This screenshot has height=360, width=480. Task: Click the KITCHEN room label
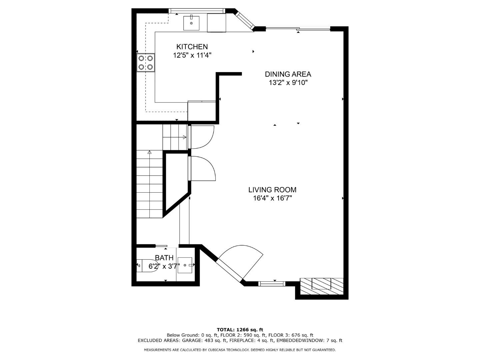pos(192,47)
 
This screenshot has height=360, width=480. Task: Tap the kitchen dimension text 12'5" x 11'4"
pos(192,55)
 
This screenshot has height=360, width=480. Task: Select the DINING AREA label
pos(288,74)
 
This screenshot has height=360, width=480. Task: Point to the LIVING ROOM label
pos(272,190)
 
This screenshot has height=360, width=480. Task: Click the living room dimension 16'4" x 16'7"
pos(272,198)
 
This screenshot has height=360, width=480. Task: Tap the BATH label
pos(164,258)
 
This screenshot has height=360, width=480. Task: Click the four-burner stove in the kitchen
pos(146,62)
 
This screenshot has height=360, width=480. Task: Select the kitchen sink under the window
pos(191,23)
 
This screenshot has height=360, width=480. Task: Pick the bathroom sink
pos(185,265)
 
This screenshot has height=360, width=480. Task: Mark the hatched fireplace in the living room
pos(322,286)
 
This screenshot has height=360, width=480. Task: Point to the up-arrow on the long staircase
pos(149,152)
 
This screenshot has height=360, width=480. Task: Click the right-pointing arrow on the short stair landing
pos(184,137)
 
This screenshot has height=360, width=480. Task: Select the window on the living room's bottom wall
pos(272,284)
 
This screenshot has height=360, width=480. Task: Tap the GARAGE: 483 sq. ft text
pos(205,340)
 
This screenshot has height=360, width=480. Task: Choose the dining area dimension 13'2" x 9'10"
pos(288,83)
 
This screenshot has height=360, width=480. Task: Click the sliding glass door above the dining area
pos(298,29)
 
